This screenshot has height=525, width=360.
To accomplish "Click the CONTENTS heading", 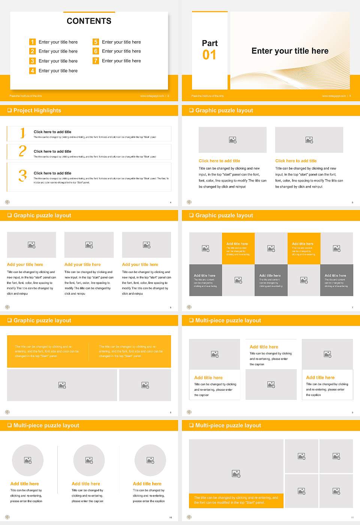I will click(x=89, y=21).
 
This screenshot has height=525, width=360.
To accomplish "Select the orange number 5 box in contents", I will click(x=96, y=42).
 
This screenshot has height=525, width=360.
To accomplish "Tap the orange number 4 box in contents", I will click(x=33, y=70).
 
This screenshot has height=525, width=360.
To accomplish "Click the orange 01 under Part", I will click(x=209, y=55).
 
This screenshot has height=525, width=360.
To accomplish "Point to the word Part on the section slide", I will click(x=210, y=43).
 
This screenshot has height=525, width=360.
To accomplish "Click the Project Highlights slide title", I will click(x=37, y=110).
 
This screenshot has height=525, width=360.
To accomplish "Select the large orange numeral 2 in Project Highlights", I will click(x=22, y=151).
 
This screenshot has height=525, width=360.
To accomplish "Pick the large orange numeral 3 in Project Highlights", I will click(x=22, y=175).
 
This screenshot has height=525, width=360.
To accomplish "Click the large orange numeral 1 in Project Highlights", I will click(x=22, y=133).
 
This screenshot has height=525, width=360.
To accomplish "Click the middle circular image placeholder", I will click(x=89, y=460).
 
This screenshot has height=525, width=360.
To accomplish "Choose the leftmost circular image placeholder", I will click(x=28, y=460).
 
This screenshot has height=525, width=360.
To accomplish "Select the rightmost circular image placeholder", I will click(x=150, y=460).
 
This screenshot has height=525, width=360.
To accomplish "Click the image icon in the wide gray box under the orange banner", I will click(x=62, y=385).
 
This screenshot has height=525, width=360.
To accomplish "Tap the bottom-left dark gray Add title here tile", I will click(x=205, y=280).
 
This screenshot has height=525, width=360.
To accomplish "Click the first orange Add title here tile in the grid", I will click(x=238, y=249).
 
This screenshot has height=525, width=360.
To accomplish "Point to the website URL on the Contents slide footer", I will click(x=152, y=96).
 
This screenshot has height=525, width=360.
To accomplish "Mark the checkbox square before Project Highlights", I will click(x=9, y=110).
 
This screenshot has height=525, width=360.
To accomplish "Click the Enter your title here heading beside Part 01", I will click(x=290, y=51).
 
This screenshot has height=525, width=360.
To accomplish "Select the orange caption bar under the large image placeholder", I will click(x=236, y=500).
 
